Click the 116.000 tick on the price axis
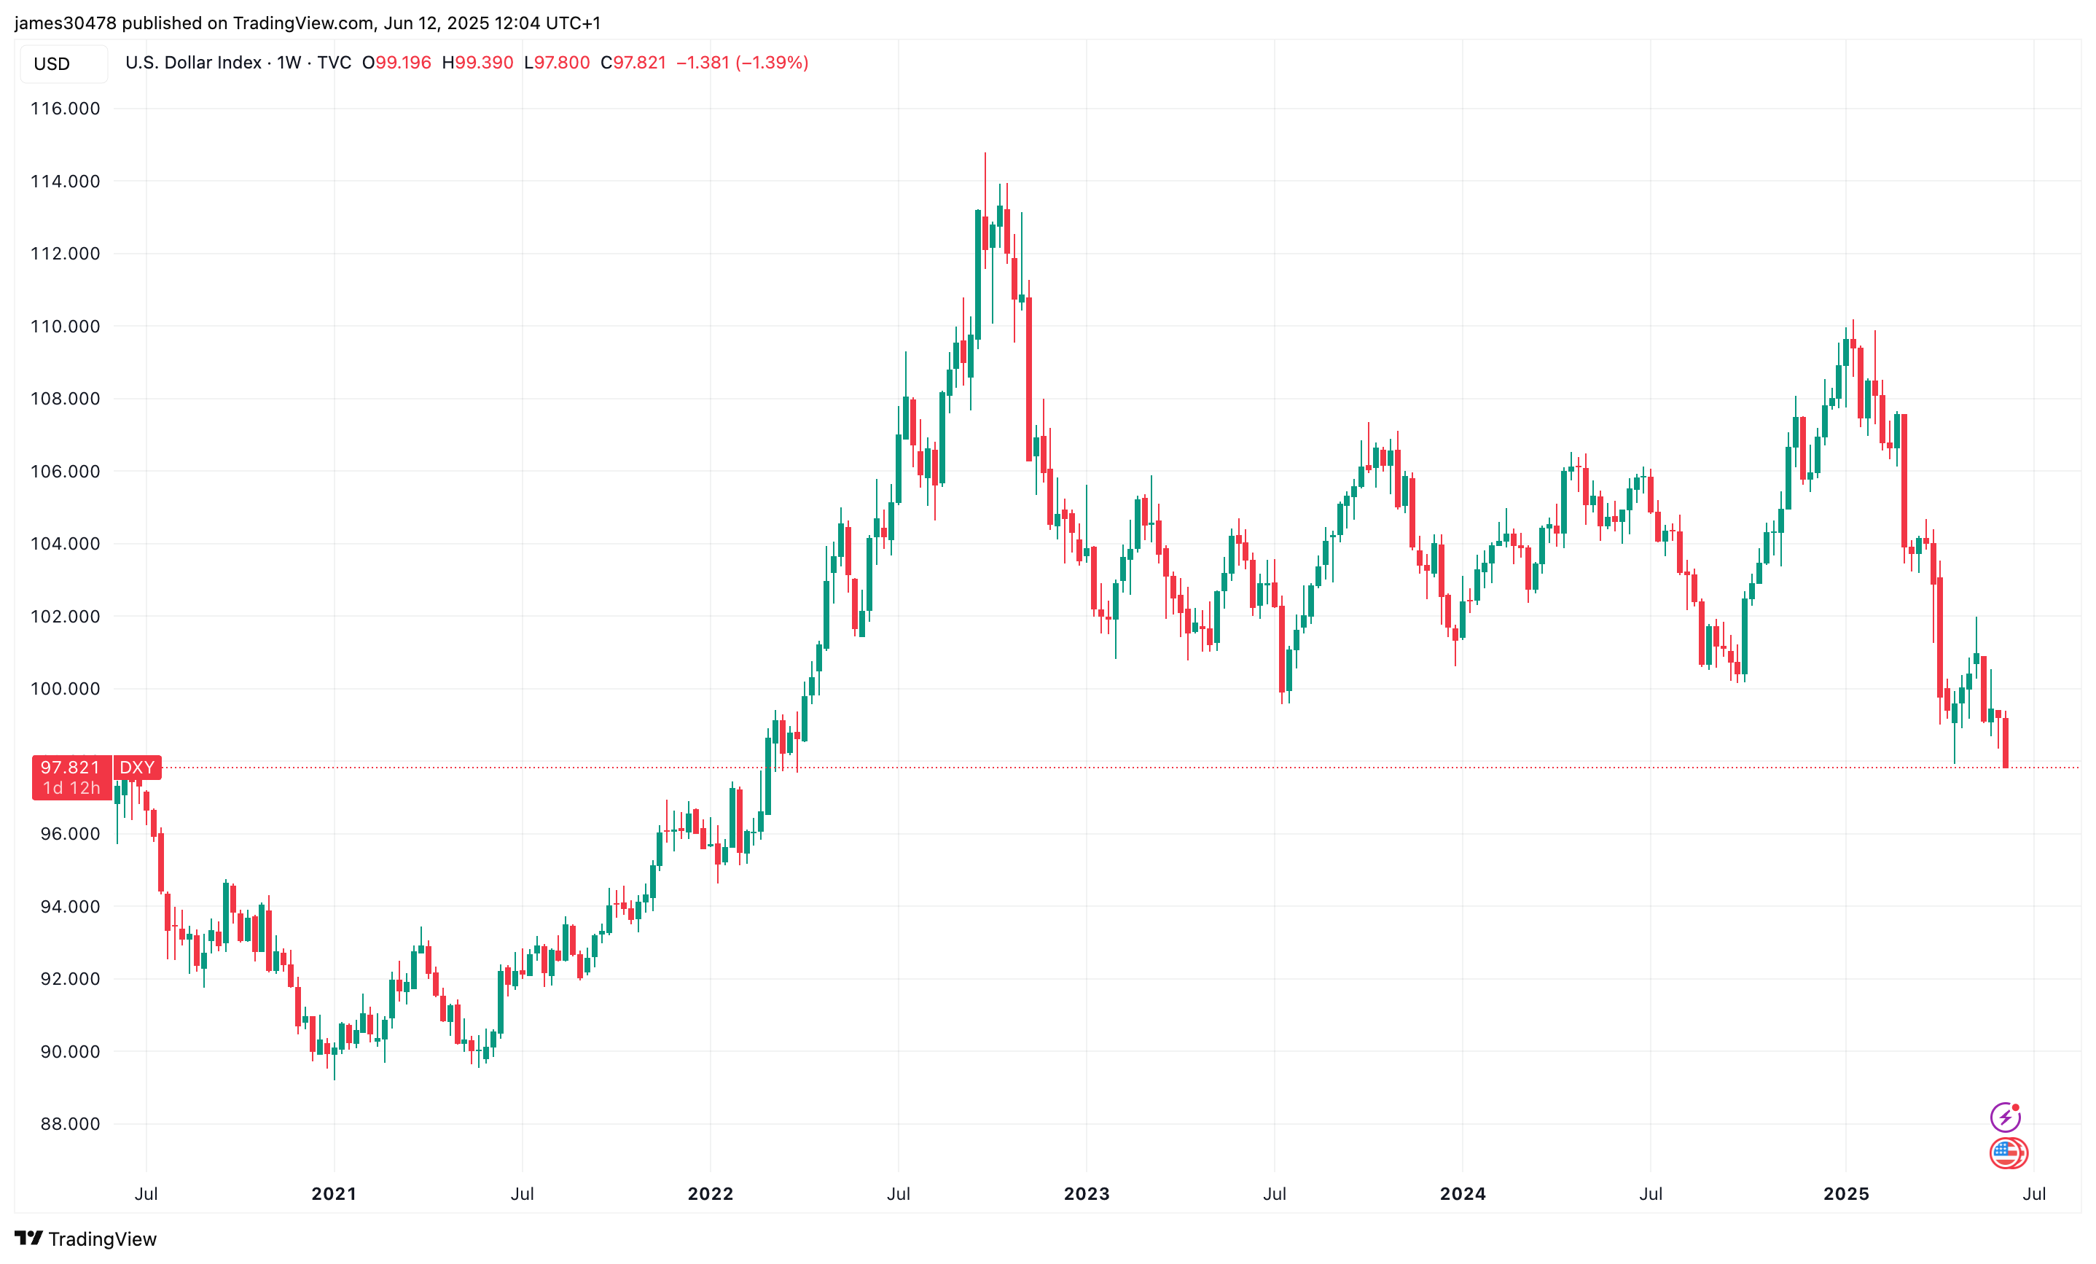(65, 108)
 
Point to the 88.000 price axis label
(70, 1123)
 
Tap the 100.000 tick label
(65, 688)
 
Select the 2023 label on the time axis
(1087, 1193)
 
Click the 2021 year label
(334, 1193)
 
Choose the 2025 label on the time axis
(1846, 1193)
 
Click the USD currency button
(52, 64)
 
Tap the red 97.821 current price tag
(71, 768)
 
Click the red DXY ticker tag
(137, 768)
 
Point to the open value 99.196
(403, 63)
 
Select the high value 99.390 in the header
(484, 63)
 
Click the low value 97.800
(561, 63)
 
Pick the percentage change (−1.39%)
(772, 63)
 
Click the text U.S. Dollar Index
(193, 63)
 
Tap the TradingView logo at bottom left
(86, 1238)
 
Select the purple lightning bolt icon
(2005, 1116)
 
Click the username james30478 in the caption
(66, 23)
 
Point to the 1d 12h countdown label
(71, 789)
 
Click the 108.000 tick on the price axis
(65, 398)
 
